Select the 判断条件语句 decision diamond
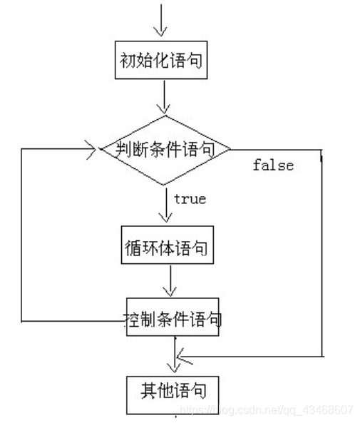[165, 150]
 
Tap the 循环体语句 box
[166, 248]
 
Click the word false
[273, 165]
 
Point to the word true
[190, 199]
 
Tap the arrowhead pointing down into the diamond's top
[165, 108]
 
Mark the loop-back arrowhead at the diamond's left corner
[91, 151]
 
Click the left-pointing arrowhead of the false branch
[182, 354]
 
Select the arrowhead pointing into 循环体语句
[165, 219]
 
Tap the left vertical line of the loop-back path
[21, 235]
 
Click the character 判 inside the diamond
[111, 150]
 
